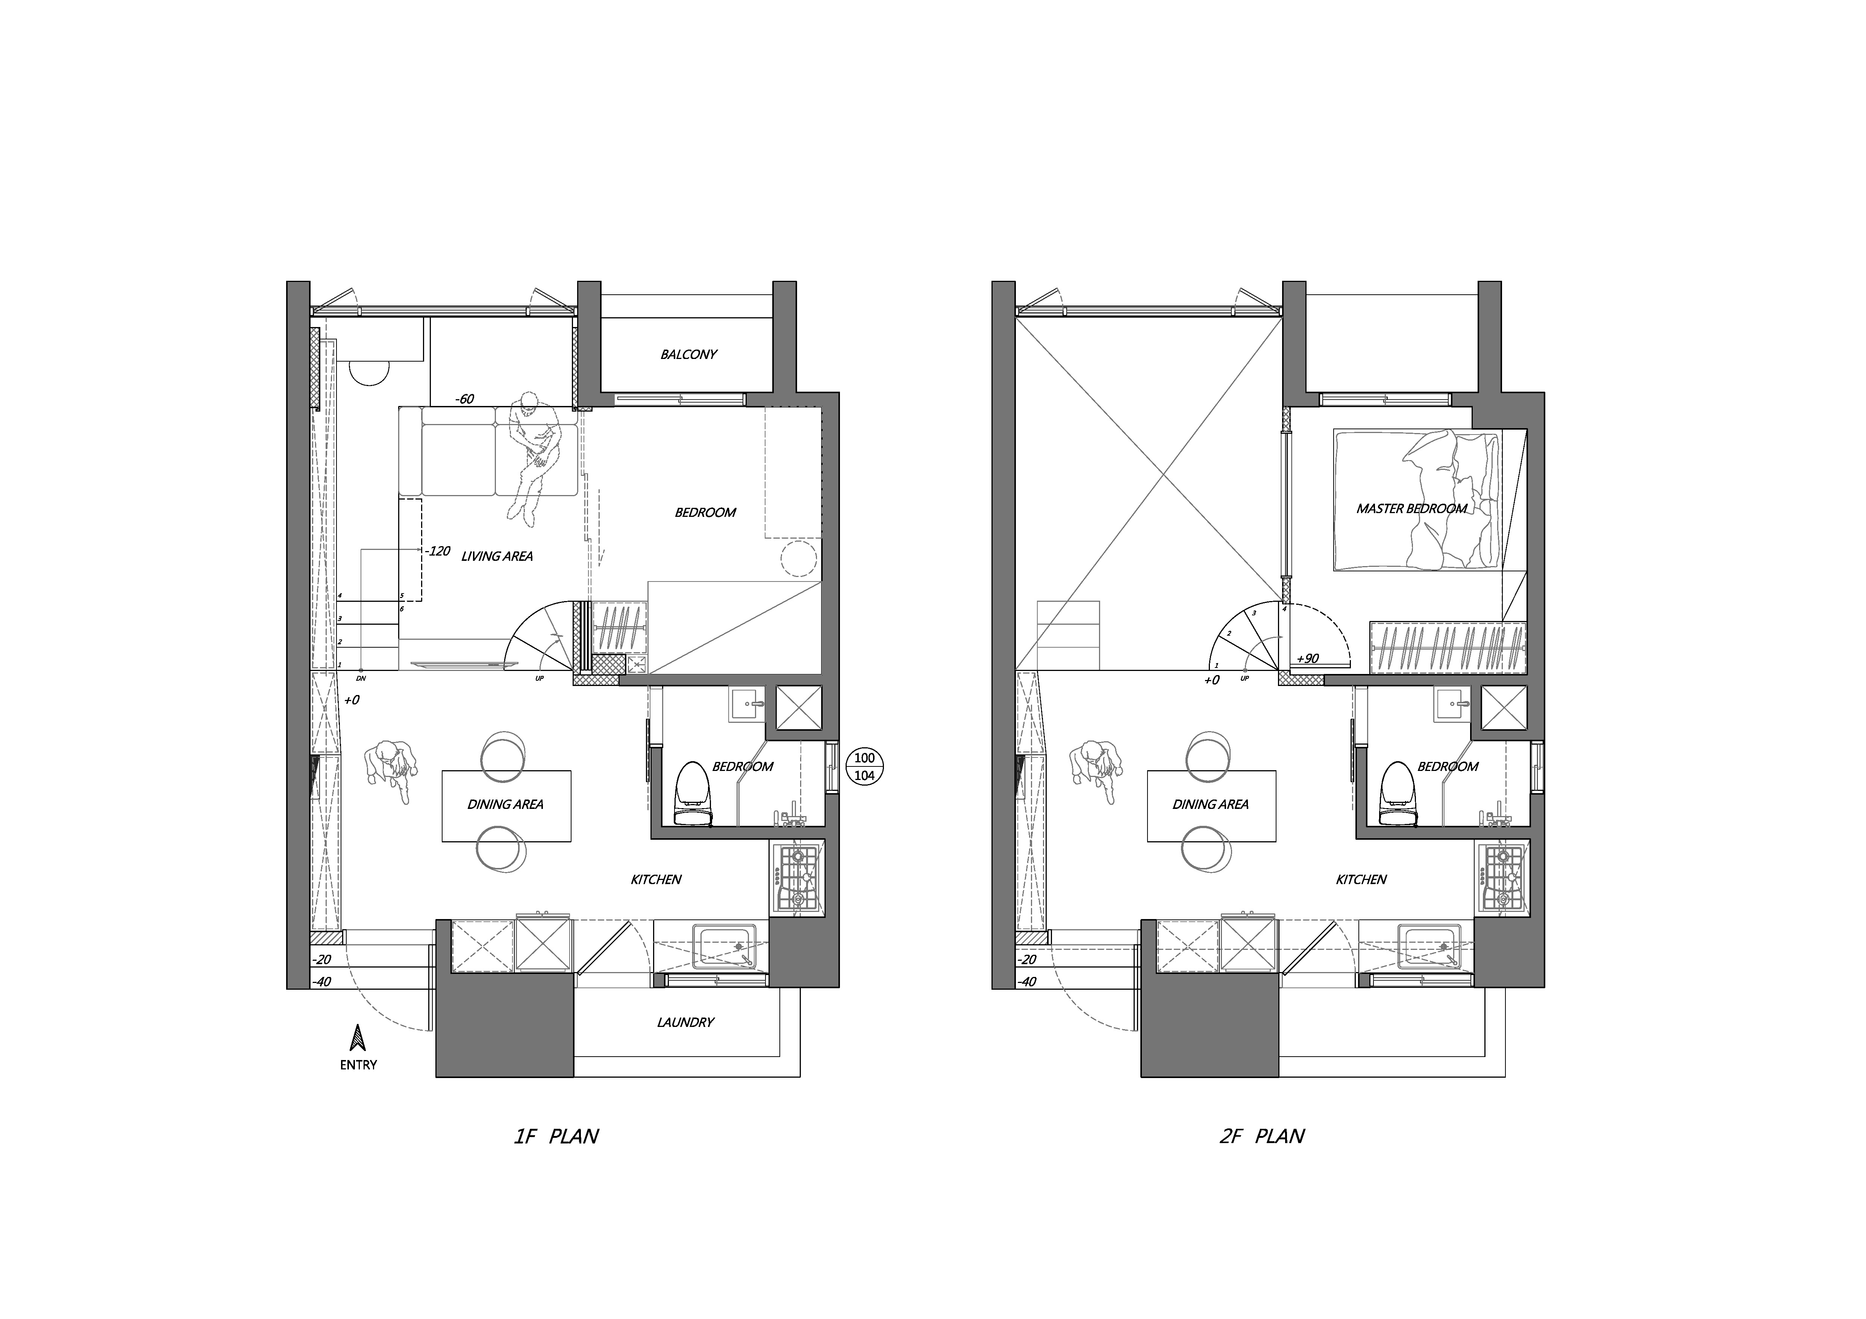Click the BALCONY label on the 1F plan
(x=688, y=354)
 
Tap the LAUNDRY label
(x=685, y=1022)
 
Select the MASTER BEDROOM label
(x=1412, y=509)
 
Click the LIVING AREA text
(x=497, y=557)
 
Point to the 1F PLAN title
(x=556, y=1136)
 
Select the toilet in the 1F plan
(x=693, y=794)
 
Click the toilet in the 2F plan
(x=1399, y=794)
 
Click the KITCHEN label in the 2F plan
(x=1361, y=879)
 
